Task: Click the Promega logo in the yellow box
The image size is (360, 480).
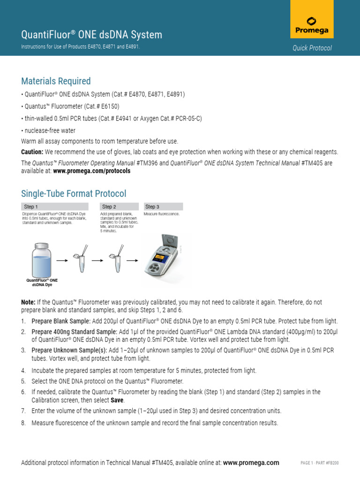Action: click(311, 26)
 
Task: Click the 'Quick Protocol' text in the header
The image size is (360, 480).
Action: click(312, 48)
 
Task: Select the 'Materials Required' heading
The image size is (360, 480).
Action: click(56, 82)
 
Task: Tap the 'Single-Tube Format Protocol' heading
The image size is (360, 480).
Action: click(74, 194)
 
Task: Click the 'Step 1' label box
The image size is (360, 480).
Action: click(60, 207)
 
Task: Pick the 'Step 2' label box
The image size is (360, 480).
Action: click(119, 207)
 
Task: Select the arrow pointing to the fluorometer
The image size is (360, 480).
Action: click(133, 260)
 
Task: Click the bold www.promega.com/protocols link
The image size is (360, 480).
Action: click(92, 171)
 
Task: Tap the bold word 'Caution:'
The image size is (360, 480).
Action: click(32, 152)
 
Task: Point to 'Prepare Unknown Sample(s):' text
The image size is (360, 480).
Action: click(69, 350)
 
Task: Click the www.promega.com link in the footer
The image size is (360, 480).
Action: click(251, 463)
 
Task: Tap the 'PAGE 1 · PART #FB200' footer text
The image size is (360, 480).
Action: click(319, 463)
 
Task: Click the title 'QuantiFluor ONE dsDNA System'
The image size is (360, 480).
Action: click(92, 35)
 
